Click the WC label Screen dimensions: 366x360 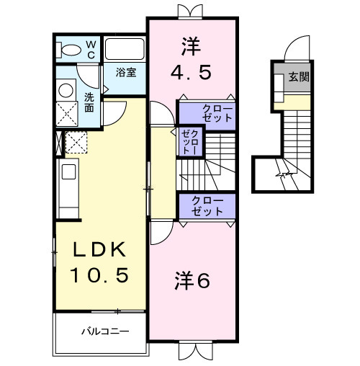point(91,50)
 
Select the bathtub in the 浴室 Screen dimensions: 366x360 point(125,50)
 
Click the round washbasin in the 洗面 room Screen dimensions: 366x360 point(66,90)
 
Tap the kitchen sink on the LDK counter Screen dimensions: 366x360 point(69,171)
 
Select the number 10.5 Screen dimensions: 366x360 point(99,274)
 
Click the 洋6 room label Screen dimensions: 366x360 point(192,281)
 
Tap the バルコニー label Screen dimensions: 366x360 point(104,331)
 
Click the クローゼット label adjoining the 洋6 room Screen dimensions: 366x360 point(207,207)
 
